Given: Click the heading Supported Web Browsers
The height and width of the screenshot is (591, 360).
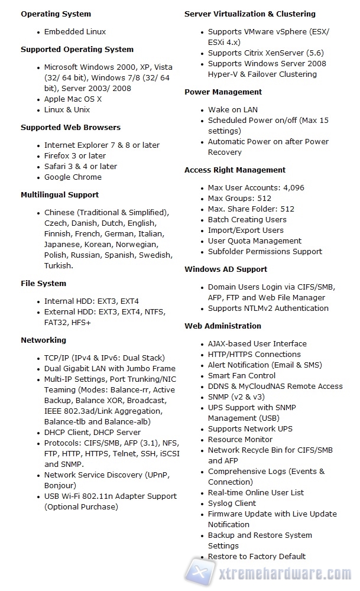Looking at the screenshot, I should pos(70,127).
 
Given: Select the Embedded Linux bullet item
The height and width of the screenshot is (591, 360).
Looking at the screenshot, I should pos(75,31).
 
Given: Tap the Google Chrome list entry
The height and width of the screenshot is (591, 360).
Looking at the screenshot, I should pos(73,177).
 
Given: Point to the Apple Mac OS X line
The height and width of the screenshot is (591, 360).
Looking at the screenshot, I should pos(73,99).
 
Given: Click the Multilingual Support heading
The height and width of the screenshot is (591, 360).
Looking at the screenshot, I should pos(60,194).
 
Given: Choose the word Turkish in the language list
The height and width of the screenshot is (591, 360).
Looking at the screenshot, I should pos(58,265).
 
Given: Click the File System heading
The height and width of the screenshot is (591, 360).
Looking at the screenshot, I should pos(43,283).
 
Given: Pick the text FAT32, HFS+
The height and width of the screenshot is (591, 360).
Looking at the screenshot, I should pos(67,322).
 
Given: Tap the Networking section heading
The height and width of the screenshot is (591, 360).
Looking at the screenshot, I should pos(43,340).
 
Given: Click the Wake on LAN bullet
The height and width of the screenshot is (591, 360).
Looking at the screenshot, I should pos(233,109).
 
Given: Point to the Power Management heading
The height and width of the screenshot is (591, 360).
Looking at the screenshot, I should pos(223,92).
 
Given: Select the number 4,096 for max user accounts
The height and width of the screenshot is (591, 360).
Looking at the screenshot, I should pos(293,187).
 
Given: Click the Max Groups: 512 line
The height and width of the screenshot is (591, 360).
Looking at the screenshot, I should pos(239,198).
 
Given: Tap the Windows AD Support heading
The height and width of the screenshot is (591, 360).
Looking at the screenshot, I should pos(226,269).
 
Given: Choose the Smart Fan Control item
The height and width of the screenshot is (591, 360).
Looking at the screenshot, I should pos(242,375).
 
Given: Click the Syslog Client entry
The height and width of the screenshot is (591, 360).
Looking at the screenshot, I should pos(232,503).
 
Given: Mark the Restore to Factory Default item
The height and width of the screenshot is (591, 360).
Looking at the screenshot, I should pos(257,556).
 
